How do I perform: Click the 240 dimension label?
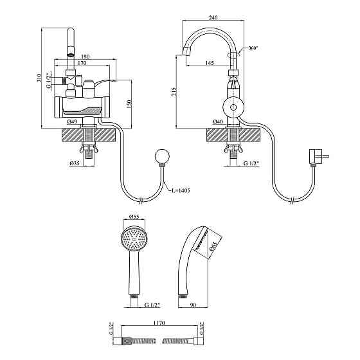213,17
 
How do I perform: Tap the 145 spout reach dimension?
210,63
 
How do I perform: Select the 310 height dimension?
39,78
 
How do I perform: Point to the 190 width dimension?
85,57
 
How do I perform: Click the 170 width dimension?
82,63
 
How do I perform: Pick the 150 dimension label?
129,104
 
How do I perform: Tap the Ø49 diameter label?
72,122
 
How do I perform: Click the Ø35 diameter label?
75,163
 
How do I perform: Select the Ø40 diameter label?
218,122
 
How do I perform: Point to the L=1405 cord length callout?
181,190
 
